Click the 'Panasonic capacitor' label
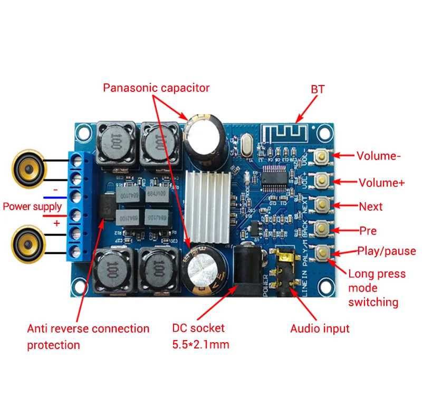156,88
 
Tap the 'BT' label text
318,89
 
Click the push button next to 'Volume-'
321,156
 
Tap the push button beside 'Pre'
321,229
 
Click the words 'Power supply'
32,206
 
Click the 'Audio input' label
320,328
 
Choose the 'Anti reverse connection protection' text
88,336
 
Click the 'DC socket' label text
198,328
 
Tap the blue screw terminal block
79,206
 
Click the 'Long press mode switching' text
376,288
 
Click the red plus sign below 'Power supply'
56,223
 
